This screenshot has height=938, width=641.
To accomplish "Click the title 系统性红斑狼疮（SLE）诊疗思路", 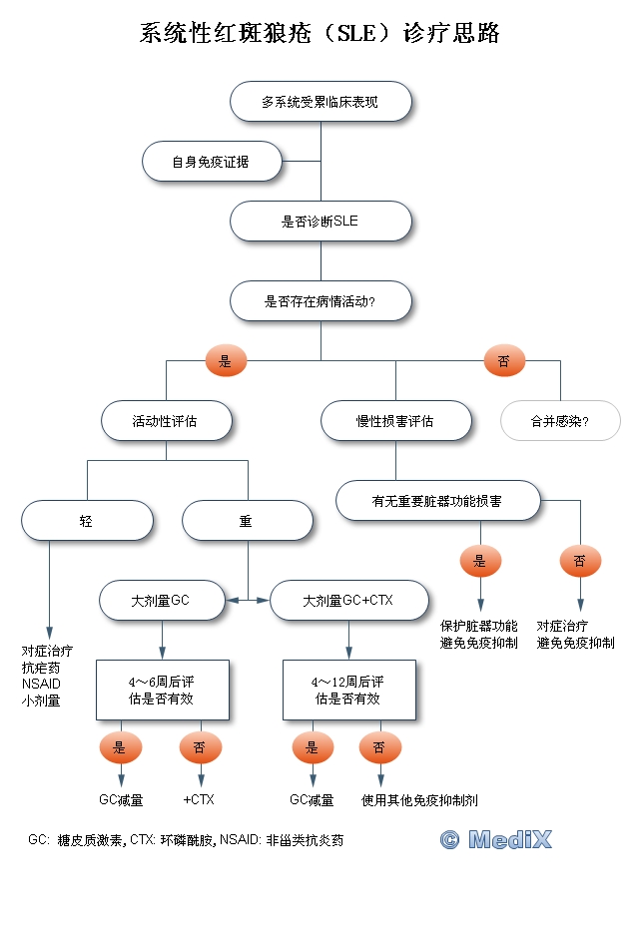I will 320,34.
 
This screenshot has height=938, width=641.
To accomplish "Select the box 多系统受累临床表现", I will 320,101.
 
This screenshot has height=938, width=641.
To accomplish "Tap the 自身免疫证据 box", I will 211,162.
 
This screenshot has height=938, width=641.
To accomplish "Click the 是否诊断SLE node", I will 320,222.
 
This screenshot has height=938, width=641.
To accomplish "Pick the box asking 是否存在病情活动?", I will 320,300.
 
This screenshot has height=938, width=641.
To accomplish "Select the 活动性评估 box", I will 166,421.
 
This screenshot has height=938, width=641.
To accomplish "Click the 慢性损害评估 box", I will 395,421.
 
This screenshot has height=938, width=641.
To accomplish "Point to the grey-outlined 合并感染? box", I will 560,421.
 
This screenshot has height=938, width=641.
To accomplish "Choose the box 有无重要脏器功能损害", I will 438,501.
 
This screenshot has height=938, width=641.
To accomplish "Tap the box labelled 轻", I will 87,521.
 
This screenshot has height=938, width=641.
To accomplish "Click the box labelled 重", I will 247,521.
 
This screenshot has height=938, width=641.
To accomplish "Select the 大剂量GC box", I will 162,601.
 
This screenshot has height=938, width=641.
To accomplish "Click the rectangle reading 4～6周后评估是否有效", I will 162,690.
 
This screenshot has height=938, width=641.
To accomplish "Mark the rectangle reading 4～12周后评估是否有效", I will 348,690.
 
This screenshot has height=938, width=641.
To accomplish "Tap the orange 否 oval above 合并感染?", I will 503,361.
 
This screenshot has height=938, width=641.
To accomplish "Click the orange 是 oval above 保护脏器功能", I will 480,561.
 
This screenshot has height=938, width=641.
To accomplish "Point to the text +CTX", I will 199,799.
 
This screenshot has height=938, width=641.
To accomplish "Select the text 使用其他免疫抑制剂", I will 420,799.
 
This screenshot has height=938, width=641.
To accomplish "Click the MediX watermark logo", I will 496,840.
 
